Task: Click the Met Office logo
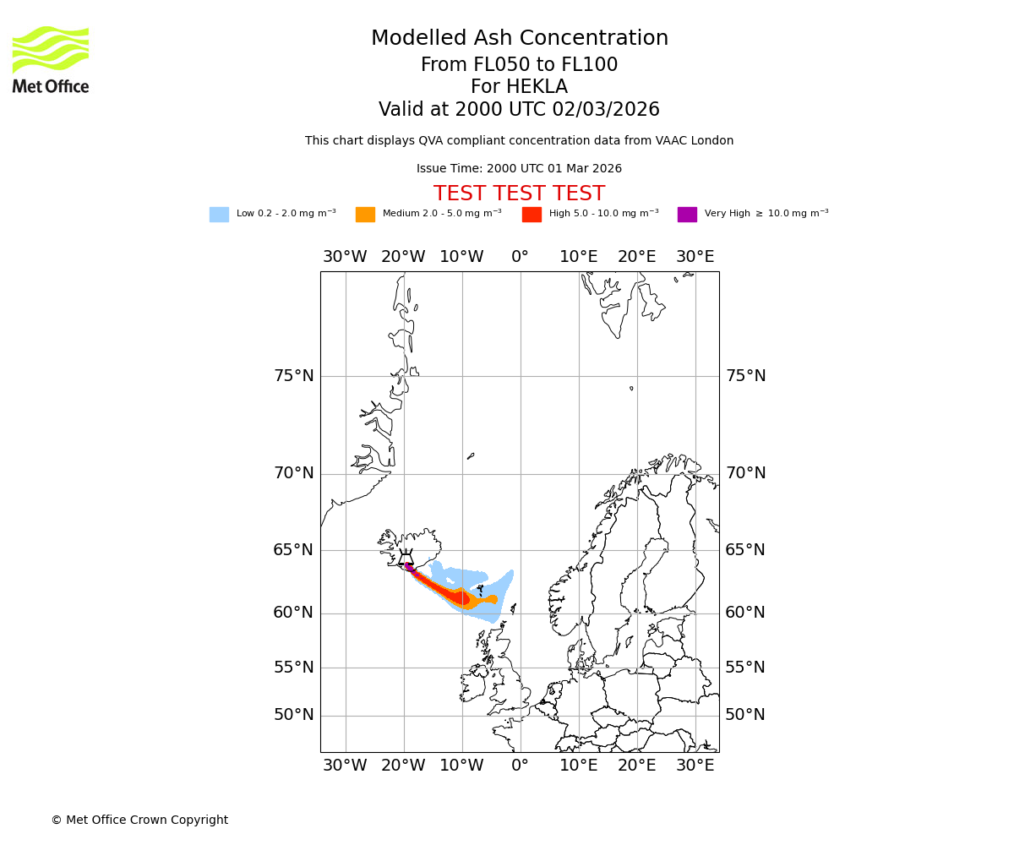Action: point(51,59)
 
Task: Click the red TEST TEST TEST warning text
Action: point(519,194)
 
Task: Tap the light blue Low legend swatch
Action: point(219,214)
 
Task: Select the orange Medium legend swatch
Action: point(365,214)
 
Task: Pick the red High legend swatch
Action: point(532,214)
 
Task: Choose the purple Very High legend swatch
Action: point(687,214)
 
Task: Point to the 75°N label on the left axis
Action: point(293,376)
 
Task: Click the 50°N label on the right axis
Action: point(745,715)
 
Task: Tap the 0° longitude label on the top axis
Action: point(520,257)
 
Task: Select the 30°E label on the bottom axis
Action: point(695,766)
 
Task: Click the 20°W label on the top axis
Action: point(403,257)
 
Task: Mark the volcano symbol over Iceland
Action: point(406,559)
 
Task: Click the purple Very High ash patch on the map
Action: point(409,566)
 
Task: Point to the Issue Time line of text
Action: point(519,169)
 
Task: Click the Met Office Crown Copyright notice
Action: point(139,820)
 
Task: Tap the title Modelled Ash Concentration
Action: point(519,38)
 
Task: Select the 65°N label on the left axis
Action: point(293,550)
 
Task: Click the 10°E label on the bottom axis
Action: point(578,766)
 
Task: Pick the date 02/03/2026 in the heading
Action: point(606,110)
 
